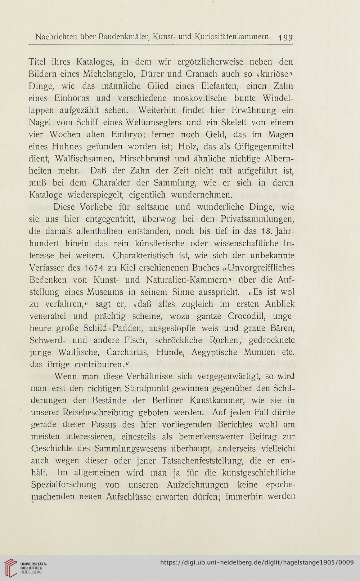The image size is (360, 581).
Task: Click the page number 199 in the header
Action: tap(286, 37)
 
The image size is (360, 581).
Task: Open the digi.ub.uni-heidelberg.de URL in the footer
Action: tap(256, 562)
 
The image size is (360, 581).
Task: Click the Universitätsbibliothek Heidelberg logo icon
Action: tap(11, 567)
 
